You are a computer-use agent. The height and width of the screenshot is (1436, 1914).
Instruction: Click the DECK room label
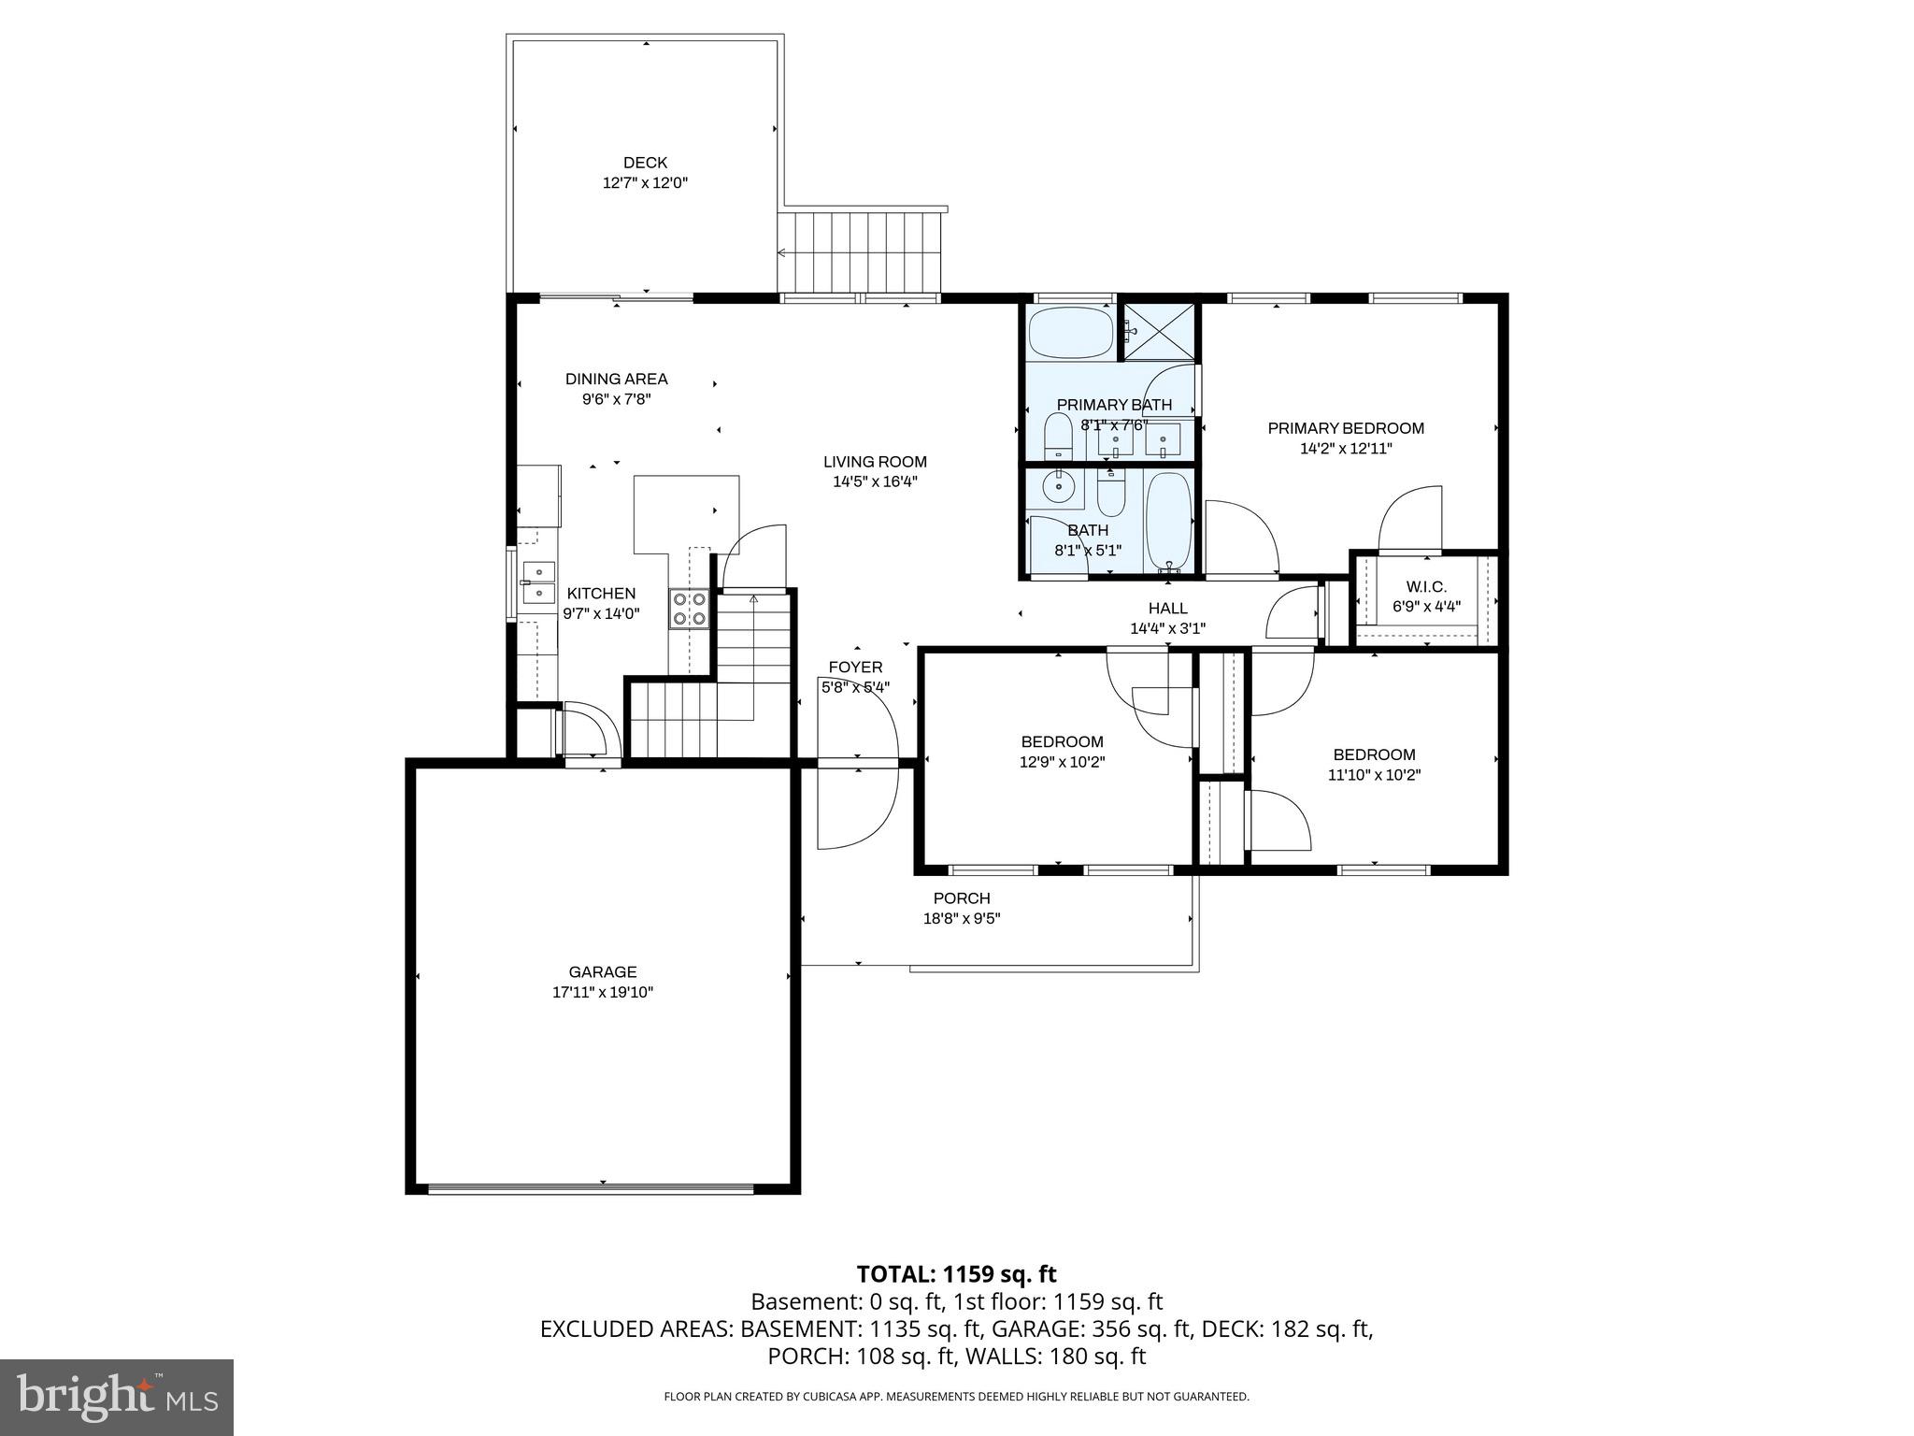tap(645, 163)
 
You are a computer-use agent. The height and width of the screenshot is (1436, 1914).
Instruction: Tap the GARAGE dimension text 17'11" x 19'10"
tap(602, 992)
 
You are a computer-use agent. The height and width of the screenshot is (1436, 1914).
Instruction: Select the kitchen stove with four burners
tap(689, 609)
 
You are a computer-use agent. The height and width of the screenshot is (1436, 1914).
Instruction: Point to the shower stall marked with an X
tap(1159, 330)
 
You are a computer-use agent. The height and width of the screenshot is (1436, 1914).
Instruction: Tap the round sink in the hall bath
tap(1060, 486)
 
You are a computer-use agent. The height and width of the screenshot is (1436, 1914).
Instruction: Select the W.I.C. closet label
tap(1425, 587)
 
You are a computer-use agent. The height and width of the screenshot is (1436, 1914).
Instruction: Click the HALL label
tap(1167, 608)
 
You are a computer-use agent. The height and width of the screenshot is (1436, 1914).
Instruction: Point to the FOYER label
tap(854, 667)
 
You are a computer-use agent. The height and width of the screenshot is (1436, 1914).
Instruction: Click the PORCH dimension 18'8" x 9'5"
tap(961, 918)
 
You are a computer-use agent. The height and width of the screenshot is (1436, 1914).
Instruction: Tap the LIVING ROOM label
tap(875, 461)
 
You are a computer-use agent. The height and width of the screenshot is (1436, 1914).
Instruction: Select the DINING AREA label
tap(616, 379)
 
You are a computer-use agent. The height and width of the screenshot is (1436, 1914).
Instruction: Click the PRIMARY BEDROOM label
tap(1345, 428)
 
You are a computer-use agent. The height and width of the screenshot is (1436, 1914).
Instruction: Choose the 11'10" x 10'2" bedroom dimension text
tap(1373, 774)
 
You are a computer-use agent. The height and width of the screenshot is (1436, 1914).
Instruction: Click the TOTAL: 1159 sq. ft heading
tap(956, 1273)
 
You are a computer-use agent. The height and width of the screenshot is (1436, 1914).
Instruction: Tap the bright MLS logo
tap(117, 1397)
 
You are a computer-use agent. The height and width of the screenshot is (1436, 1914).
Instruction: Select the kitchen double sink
tap(538, 582)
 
